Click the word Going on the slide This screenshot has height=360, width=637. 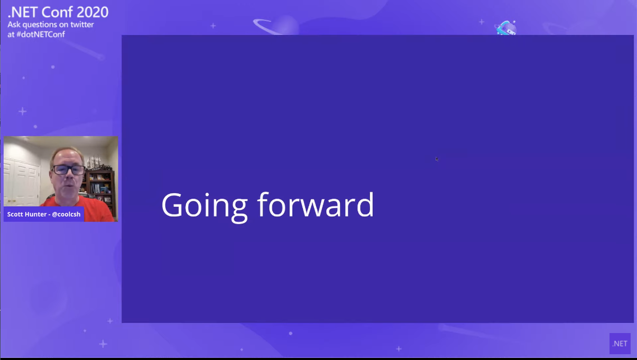204,207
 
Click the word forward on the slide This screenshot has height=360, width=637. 316,204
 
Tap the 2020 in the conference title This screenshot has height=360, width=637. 93,12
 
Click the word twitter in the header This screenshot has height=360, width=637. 82,24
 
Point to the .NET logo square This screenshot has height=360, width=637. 620,344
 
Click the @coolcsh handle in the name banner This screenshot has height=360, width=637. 66,215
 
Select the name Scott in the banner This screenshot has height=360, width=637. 16,215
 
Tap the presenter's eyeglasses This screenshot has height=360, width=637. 69,170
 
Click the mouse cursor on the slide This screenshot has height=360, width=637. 437,159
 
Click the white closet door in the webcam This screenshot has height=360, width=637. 22,181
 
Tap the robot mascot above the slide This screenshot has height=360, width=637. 506,28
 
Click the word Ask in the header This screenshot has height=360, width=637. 14,24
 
